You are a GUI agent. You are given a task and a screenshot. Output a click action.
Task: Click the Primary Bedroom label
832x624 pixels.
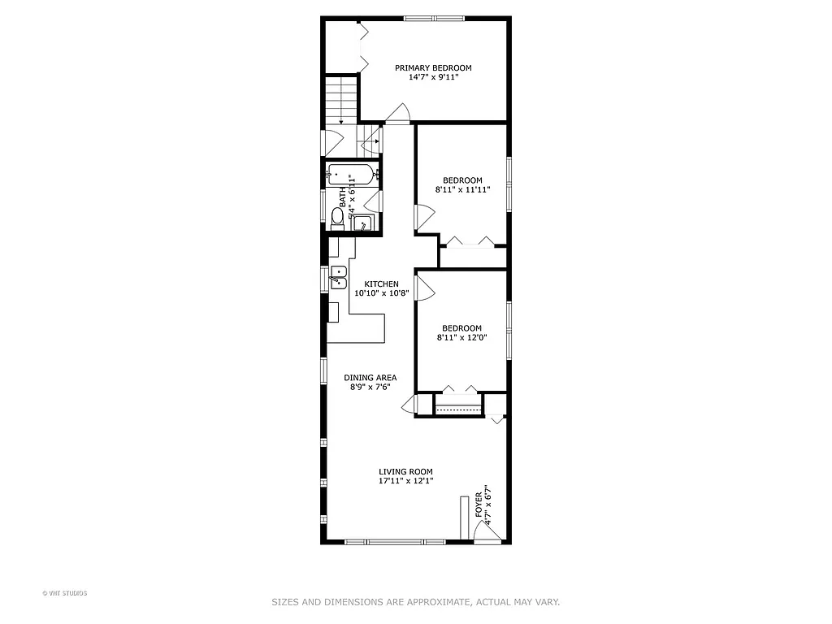[x=433, y=68]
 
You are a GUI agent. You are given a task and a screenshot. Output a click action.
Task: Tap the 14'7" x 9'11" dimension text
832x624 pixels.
[x=433, y=78]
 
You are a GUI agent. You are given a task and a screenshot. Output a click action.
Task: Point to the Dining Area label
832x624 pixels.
[x=370, y=378]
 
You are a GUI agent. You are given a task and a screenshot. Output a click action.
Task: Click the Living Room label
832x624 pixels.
[x=405, y=471]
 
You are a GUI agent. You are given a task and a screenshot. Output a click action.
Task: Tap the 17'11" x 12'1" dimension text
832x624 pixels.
[x=405, y=481]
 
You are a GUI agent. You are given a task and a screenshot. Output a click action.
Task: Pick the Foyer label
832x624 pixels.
[x=479, y=505]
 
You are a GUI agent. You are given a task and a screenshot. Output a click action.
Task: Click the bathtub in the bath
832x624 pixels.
[x=350, y=173]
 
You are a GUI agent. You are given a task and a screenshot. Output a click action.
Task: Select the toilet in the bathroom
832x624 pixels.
[x=337, y=215]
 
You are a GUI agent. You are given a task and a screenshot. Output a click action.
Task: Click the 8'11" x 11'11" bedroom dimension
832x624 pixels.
[x=462, y=190]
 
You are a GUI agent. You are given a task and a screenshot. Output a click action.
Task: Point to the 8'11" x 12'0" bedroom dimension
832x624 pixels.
[x=462, y=338]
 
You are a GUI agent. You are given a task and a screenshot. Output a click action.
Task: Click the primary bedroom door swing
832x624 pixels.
[x=397, y=114]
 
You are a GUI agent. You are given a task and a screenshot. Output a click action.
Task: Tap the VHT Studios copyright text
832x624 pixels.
[x=64, y=593]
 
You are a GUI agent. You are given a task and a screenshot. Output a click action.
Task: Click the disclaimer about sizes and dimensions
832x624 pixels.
[x=415, y=602]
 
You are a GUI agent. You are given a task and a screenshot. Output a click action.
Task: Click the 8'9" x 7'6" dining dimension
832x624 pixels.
[x=370, y=388]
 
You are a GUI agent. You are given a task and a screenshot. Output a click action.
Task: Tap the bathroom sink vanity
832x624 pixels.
[x=362, y=223]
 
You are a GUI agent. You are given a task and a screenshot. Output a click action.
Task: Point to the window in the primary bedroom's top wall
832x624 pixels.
[x=435, y=18]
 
